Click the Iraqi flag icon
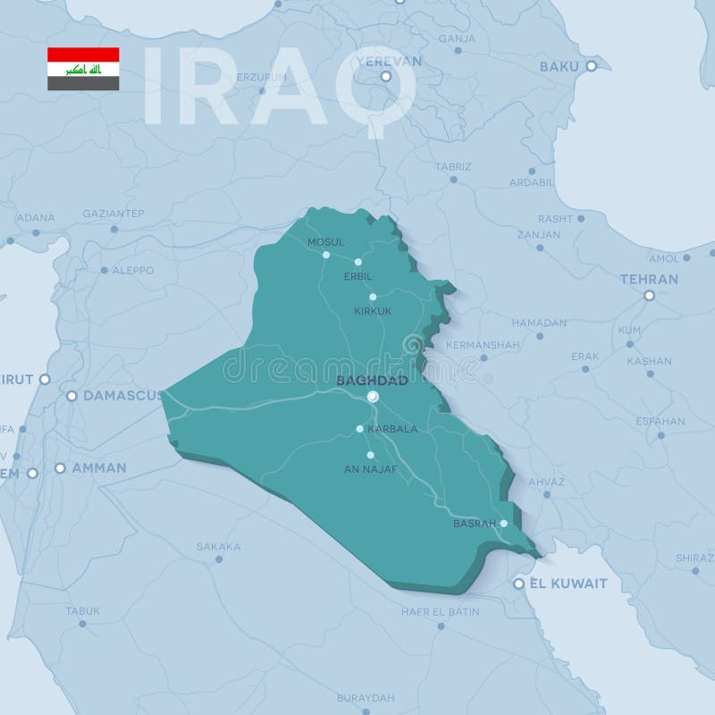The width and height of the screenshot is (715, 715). (83, 69)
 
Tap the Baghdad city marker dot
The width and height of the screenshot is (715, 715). (373, 396)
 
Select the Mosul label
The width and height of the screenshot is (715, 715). (325, 242)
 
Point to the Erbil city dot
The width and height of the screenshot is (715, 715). (357, 262)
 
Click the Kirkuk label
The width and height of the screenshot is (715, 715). (373, 310)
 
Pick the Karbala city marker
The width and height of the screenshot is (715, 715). (360, 429)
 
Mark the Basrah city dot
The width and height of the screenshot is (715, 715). (504, 524)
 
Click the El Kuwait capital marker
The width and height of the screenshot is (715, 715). (518, 584)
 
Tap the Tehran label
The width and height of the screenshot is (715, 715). (649, 279)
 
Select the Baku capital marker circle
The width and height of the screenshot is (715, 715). (591, 66)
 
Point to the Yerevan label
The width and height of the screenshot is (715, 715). (388, 61)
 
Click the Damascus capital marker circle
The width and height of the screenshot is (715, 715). (71, 395)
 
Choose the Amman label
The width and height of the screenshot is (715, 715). (98, 467)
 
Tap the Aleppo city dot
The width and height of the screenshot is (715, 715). (104, 270)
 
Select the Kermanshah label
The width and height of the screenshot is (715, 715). (482, 344)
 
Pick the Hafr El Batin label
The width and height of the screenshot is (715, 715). (440, 612)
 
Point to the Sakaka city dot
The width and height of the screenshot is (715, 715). (219, 559)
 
